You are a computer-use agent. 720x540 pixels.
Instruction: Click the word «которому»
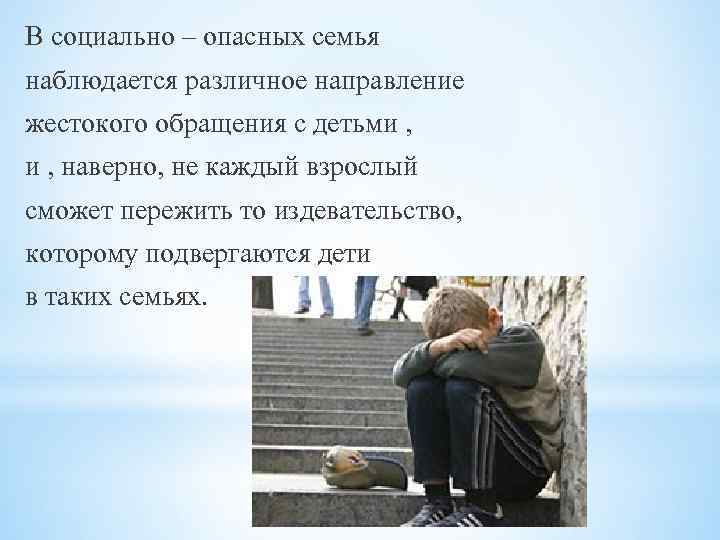(83, 257)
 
